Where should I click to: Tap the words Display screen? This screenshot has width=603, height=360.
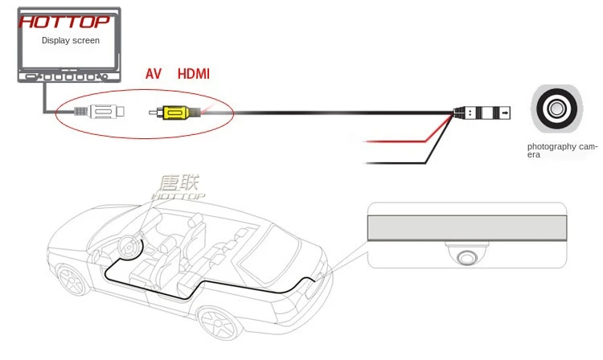(x=70, y=40)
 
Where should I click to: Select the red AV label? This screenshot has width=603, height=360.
(x=154, y=74)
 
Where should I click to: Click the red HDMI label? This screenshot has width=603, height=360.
(x=193, y=74)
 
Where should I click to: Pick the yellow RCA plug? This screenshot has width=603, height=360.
(x=174, y=113)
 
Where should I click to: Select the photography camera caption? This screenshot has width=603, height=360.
(x=562, y=149)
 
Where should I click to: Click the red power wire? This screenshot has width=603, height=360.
(x=394, y=142)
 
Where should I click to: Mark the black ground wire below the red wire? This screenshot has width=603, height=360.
(x=394, y=163)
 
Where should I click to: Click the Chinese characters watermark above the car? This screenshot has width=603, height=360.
(x=178, y=184)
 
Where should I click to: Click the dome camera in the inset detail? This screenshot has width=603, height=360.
(x=466, y=256)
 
